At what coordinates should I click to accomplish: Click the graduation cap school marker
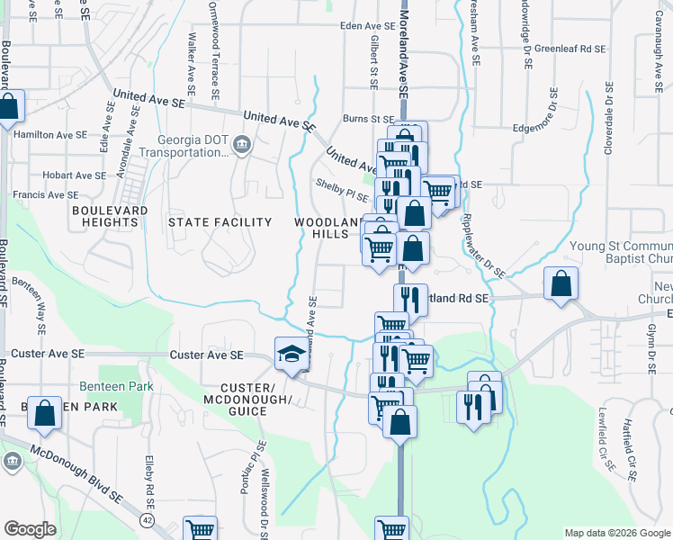[292, 353]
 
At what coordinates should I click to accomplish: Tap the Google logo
[30, 529]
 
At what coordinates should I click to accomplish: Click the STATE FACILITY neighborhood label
[220, 222]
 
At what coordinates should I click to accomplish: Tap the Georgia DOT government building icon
[240, 144]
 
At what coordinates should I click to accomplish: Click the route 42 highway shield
[145, 521]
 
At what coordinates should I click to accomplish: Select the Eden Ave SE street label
[368, 27]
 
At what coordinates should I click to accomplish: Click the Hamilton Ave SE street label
[49, 135]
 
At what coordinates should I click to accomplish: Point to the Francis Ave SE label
[46, 194]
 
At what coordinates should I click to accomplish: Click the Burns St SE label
[369, 119]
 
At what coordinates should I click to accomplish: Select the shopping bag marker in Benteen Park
[45, 413]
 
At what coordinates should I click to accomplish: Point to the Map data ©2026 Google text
[617, 533]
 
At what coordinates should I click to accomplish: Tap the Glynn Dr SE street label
[651, 347]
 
